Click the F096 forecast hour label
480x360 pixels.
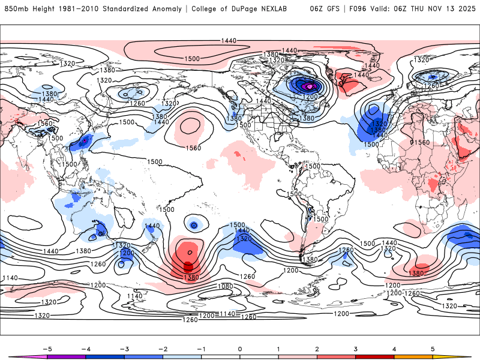[359, 8]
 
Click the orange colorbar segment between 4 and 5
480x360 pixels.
[413, 356]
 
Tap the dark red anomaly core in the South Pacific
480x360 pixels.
[188, 266]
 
